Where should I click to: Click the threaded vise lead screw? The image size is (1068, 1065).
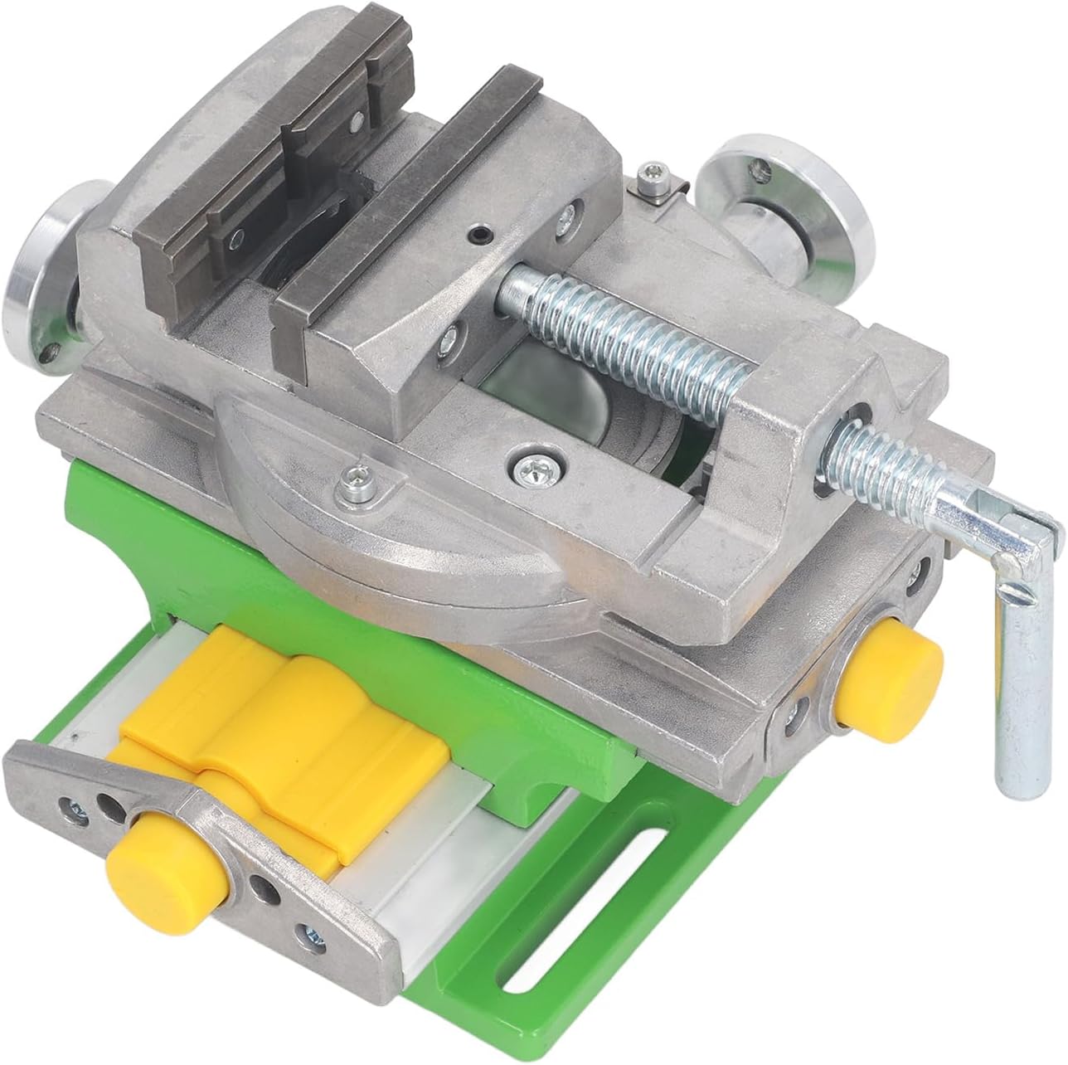click(630, 332)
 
